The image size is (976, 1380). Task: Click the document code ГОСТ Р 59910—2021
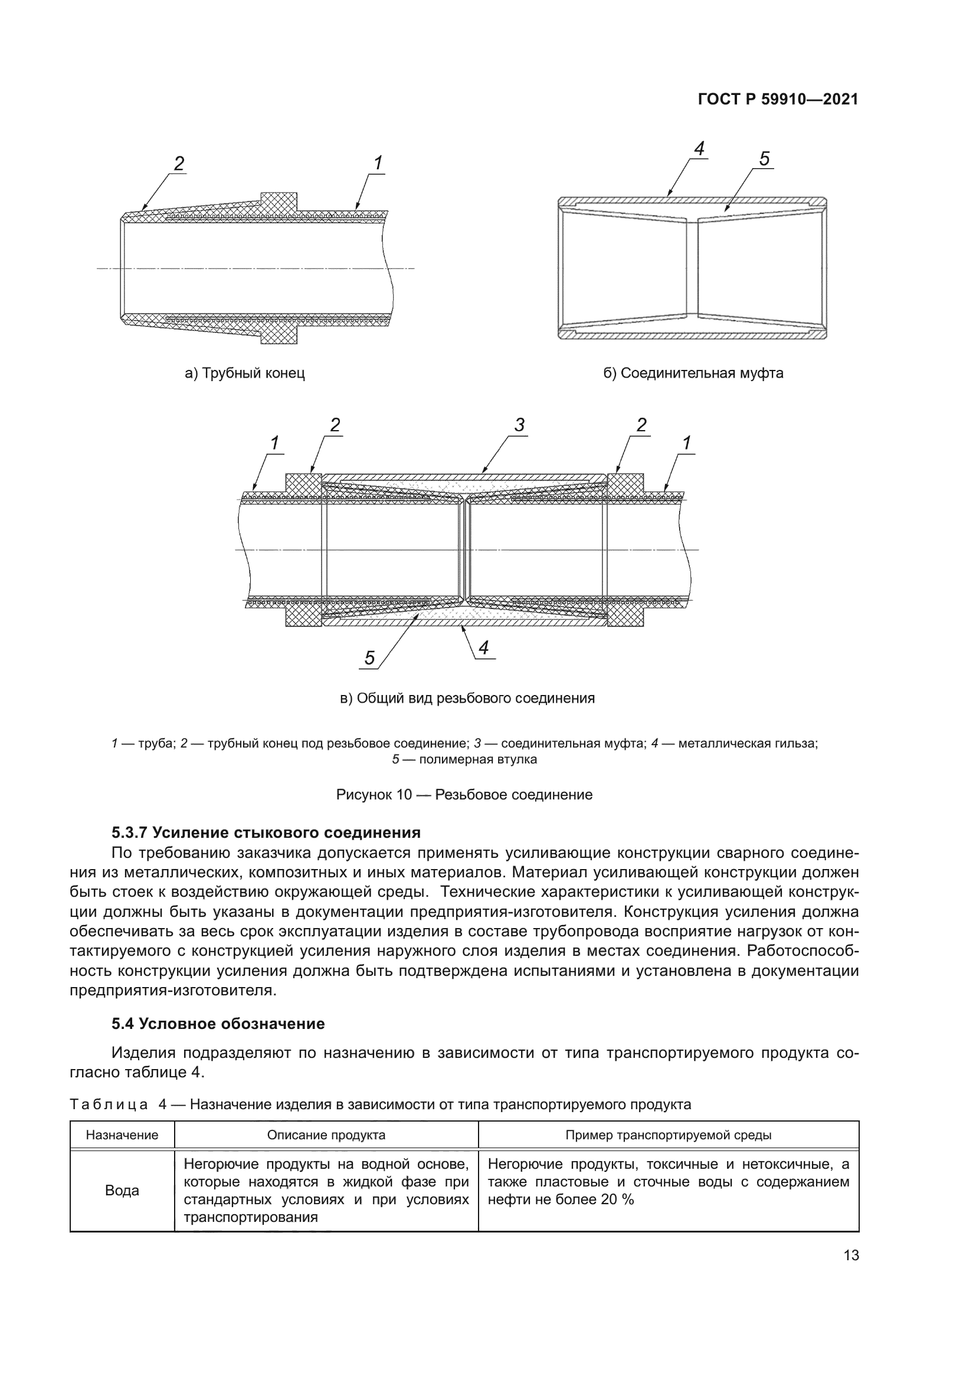click(778, 100)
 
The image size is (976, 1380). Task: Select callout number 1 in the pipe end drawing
click(378, 162)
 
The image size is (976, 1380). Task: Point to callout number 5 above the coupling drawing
click(764, 159)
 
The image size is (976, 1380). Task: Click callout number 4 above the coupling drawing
click(698, 148)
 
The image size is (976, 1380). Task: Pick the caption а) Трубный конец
click(245, 373)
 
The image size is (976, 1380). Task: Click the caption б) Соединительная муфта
click(693, 373)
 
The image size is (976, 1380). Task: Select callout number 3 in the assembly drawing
click(519, 425)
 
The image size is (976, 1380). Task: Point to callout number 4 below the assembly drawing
click(484, 647)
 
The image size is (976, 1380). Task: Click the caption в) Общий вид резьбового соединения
click(467, 699)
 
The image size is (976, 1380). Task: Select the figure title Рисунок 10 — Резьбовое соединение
click(464, 795)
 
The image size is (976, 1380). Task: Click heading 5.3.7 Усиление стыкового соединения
click(266, 832)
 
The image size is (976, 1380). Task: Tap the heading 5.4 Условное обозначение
click(218, 1024)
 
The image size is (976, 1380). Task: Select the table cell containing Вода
click(122, 1190)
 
